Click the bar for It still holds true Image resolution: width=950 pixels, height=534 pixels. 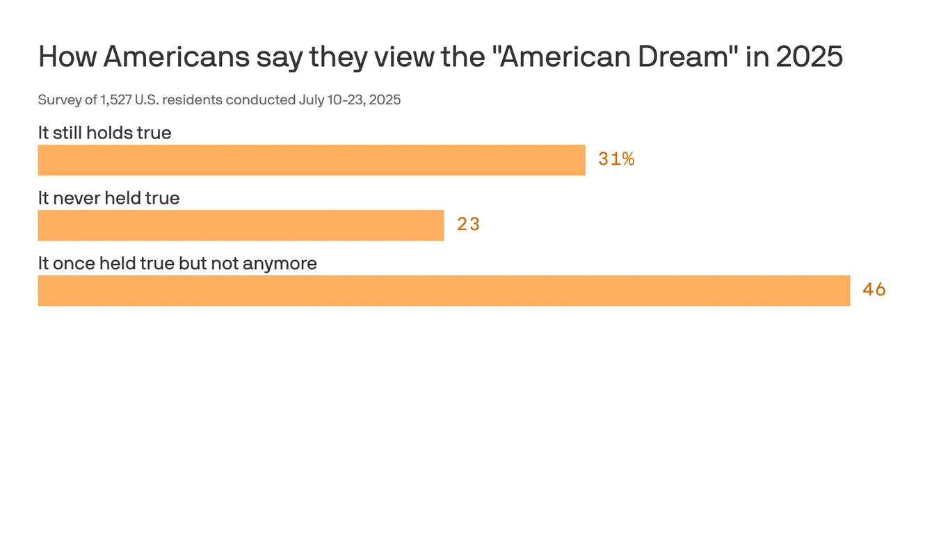pyautogui.click(x=312, y=160)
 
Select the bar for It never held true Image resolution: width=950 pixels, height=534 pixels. pyautogui.click(x=241, y=225)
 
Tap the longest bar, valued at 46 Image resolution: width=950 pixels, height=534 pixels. pyautogui.click(x=444, y=291)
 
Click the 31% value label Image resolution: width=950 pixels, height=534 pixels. pyautogui.click(x=616, y=159)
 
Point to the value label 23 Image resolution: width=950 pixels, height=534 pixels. pyautogui.click(x=469, y=225)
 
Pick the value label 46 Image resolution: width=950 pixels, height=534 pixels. pyautogui.click(x=874, y=290)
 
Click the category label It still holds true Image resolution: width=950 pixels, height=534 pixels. pyautogui.click(x=104, y=133)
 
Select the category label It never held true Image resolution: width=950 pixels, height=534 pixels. pyautogui.click(x=108, y=198)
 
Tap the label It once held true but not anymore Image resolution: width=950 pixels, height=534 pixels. pyautogui.click(x=177, y=264)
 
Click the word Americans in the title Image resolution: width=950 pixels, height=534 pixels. pyautogui.click(x=176, y=57)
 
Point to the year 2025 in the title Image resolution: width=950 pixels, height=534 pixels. pyautogui.click(x=809, y=57)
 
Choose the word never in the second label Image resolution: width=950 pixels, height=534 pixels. pyautogui.click(x=76, y=198)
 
